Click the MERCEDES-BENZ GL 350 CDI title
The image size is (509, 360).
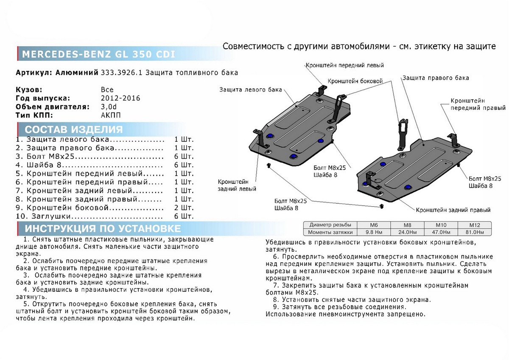pyautogui.click(x=98, y=55)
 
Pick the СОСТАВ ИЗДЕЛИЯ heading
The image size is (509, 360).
pyautogui.click(x=74, y=130)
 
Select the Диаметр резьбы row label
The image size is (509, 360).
pyautogui.click(x=330, y=225)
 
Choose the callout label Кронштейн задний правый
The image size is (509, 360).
pyautogui.click(x=453, y=210)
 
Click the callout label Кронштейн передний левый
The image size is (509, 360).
pyautogui.click(x=344, y=65)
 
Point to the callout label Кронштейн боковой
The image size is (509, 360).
pyautogui.click(x=355, y=81)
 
